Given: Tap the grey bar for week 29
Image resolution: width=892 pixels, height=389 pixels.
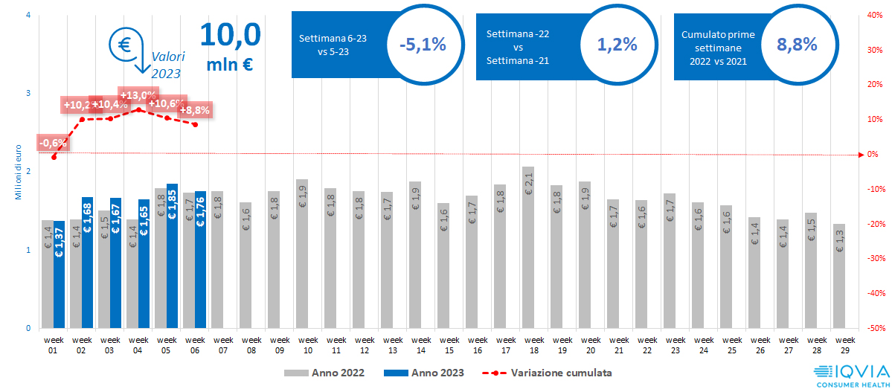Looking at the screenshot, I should (x=839, y=276).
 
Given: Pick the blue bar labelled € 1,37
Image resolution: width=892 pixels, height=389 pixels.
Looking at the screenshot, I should (x=60, y=274).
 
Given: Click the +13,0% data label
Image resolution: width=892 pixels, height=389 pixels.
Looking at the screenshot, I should (x=138, y=95).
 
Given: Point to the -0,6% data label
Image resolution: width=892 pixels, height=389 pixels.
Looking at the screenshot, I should (x=52, y=142).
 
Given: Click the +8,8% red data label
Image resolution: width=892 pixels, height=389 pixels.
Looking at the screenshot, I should (x=195, y=110).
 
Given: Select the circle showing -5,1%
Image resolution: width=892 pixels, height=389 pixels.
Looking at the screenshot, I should (x=422, y=45).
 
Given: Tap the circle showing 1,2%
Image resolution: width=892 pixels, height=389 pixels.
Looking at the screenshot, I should (x=617, y=45).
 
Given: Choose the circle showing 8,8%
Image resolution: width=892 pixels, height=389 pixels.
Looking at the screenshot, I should (x=797, y=45).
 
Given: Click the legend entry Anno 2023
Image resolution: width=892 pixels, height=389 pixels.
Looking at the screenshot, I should (x=425, y=372).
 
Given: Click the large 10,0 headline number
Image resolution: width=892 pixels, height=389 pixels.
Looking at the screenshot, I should (x=230, y=34).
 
